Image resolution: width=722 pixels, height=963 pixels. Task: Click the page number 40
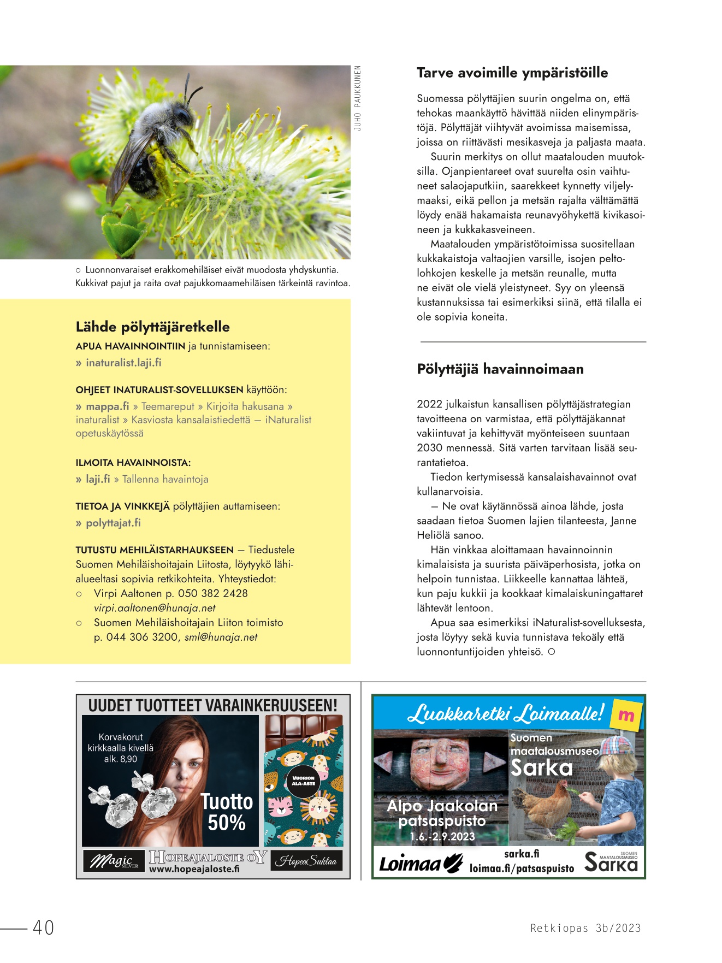point(43,927)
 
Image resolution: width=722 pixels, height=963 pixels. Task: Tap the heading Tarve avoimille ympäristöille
point(512,73)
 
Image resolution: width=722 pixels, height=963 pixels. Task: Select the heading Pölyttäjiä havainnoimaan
point(500,369)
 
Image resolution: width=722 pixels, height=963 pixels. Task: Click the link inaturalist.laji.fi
point(123,363)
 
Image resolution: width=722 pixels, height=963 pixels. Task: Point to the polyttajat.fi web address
point(113,523)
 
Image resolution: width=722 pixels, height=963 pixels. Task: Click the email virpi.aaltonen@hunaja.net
point(155,608)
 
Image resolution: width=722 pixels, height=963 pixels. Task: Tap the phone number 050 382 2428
point(212,593)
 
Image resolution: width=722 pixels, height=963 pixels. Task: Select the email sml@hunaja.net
point(221,637)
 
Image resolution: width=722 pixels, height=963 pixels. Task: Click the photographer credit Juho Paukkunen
point(358,98)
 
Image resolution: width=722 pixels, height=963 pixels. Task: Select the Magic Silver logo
point(114,861)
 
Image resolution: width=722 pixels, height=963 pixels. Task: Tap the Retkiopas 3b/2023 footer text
point(585,928)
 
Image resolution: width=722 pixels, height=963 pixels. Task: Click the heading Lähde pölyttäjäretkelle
point(152,327)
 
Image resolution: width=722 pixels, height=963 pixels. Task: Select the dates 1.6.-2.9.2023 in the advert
point(442,836)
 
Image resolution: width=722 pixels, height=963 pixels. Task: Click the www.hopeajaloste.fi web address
point(194,869)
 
